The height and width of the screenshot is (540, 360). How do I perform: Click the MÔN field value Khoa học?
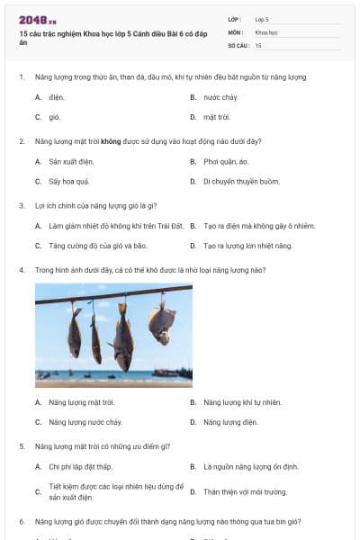click(266, 31)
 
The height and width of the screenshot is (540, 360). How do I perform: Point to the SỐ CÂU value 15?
click(258, 44)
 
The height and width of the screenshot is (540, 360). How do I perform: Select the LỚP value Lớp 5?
click(262, 18)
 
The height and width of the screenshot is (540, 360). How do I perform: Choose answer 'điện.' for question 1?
click(57, 97)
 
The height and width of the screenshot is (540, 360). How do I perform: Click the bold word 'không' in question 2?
click(111, 141)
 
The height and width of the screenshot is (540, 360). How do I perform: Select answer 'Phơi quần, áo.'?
click(226, 162)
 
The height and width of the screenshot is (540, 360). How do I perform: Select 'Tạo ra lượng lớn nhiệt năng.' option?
click(247, 246)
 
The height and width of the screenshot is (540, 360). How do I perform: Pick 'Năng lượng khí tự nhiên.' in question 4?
click(242, 401)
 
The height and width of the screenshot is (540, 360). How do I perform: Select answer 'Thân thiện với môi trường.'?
click(245, 492)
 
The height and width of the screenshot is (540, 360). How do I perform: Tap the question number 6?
click(21, 521)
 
